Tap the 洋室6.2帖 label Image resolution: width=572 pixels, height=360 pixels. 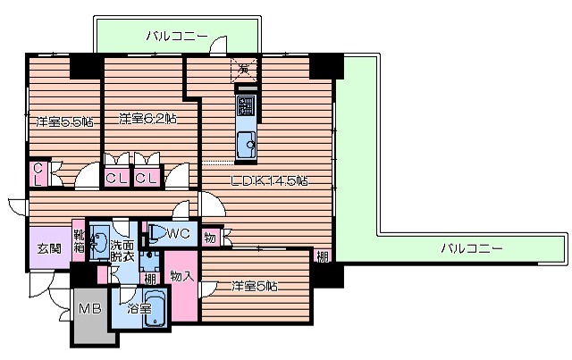point(147,117)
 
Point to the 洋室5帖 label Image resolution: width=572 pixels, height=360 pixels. point(255,286)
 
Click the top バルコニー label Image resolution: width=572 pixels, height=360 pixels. point(177,36)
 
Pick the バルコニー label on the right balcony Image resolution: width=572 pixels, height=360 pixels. point(471,247)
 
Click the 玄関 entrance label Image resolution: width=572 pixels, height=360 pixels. point(48,247)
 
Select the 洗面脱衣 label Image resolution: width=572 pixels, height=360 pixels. point(122,250)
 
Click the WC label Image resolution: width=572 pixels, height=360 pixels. point(176,234)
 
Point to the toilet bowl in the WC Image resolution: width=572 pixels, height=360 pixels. point(155,234)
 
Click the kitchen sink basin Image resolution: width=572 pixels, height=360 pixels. point(247,139)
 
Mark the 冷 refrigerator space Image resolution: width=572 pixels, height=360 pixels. point(244,68)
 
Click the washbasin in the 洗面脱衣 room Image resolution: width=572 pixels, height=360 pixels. point(100,244)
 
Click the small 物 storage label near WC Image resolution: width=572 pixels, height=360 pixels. point(209,237)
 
